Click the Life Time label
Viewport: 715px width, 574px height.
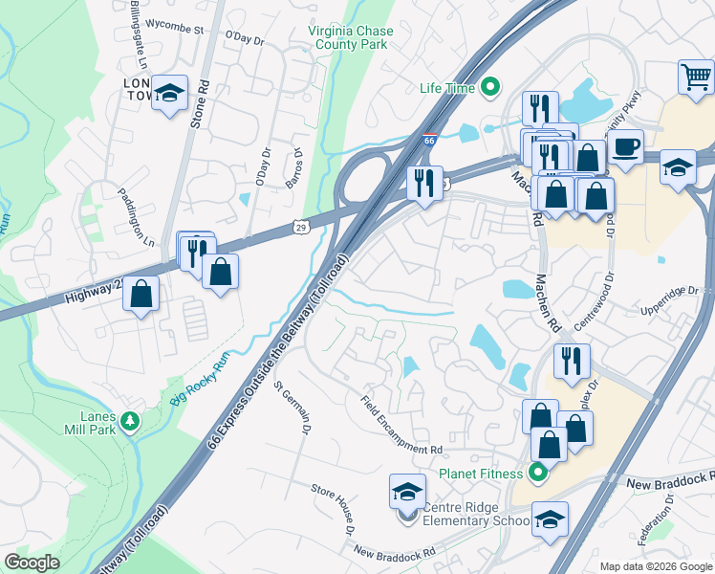pyautogui.click(x=447, y=88)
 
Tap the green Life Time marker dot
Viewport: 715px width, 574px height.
pyautogui.click(x=491, y=88)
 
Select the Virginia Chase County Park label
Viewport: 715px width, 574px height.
pyautogui.click(x=351, y=37)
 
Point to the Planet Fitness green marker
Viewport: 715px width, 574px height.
pyautogui.click(x=537, y=473)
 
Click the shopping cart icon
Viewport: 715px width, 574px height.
pyautogui.click(x=696, y=76)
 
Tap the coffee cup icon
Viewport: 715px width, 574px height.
pyautogui.click(x=625, y=148)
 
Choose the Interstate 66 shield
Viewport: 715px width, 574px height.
pyautogui.click(x=430, y=139)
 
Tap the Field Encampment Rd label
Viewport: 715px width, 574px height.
pyautogui.click(x=402, y=425)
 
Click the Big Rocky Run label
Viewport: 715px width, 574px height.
pyautogui.click(x=203, y=383)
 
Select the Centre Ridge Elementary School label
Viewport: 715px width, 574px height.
pyautogui.click(x=475, y=514)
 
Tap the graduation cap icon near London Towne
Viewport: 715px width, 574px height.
pyautogui.click(x=169, y=93)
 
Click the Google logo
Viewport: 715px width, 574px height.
pyautogui.click(x=32, y=563)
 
